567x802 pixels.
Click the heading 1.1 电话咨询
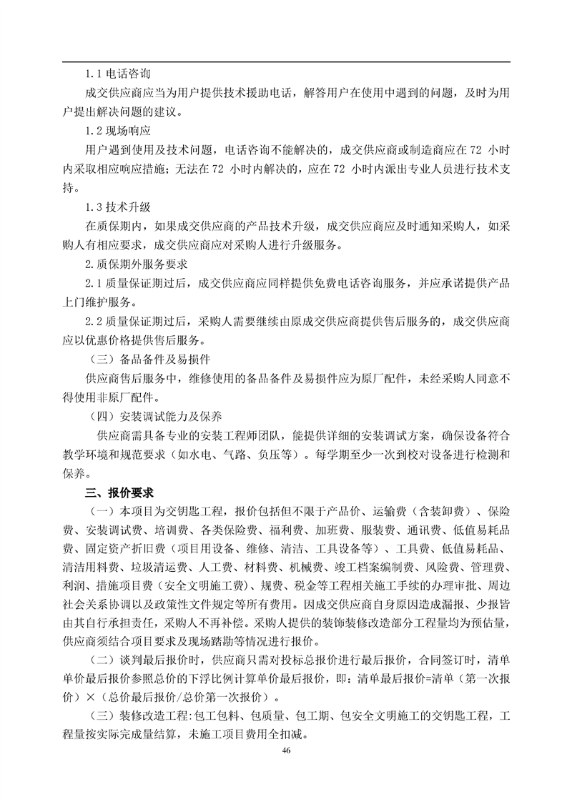point(117,74)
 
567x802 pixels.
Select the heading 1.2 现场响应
point(117,130)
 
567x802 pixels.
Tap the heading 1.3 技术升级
point(117,207)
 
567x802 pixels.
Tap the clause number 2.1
point(94,283)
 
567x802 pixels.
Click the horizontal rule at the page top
point(287,61)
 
